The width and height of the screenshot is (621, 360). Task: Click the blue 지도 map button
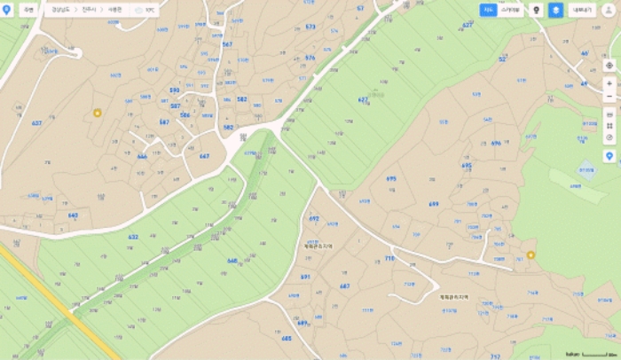488,10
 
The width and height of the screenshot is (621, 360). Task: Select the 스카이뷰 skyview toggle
510,10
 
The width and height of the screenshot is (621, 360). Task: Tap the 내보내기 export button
582,10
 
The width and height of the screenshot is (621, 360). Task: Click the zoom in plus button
609,82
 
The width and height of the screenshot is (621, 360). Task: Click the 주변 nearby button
28,10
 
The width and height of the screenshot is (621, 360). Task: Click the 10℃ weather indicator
144,10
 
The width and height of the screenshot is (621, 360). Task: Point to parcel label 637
36,121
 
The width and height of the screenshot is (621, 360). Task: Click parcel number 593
174,90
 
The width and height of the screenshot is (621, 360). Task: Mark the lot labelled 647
205,156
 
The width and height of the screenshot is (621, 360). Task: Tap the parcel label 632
133,237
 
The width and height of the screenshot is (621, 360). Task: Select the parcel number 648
232,261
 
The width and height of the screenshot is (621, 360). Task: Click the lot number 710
389,257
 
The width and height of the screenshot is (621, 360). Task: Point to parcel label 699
433,203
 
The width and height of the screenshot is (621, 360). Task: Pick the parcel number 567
227,43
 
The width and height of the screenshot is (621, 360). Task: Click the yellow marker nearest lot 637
98,113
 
